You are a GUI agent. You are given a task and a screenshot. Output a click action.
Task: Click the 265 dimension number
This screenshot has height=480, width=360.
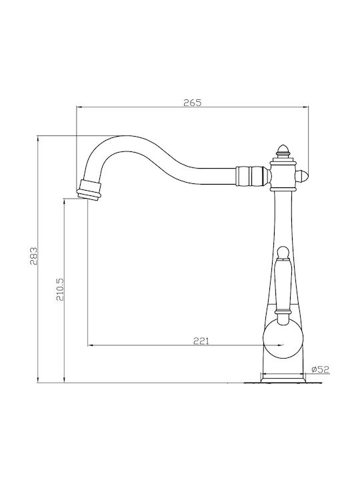[193, 103]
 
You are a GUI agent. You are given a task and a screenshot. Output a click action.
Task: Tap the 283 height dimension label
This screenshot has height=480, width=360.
[34, 256]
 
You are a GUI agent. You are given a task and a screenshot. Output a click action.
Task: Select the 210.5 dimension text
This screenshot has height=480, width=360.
[60, 289]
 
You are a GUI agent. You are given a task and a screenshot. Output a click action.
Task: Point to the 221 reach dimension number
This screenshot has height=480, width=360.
[201, 341]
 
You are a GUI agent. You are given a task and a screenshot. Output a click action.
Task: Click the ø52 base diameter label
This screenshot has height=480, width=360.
[320, 369]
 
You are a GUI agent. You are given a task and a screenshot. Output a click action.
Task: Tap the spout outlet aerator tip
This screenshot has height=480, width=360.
[89, 190]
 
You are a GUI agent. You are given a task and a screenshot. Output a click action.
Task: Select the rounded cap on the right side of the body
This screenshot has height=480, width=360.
[303, 176]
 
